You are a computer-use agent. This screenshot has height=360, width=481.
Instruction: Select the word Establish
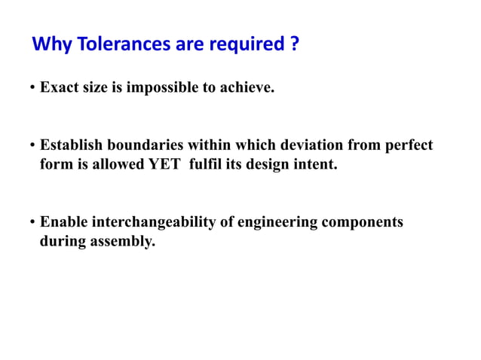click(72, 145)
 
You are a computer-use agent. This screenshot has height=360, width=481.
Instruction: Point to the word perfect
click(409, 145)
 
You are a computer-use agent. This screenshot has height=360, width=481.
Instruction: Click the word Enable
click(63, 223)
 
